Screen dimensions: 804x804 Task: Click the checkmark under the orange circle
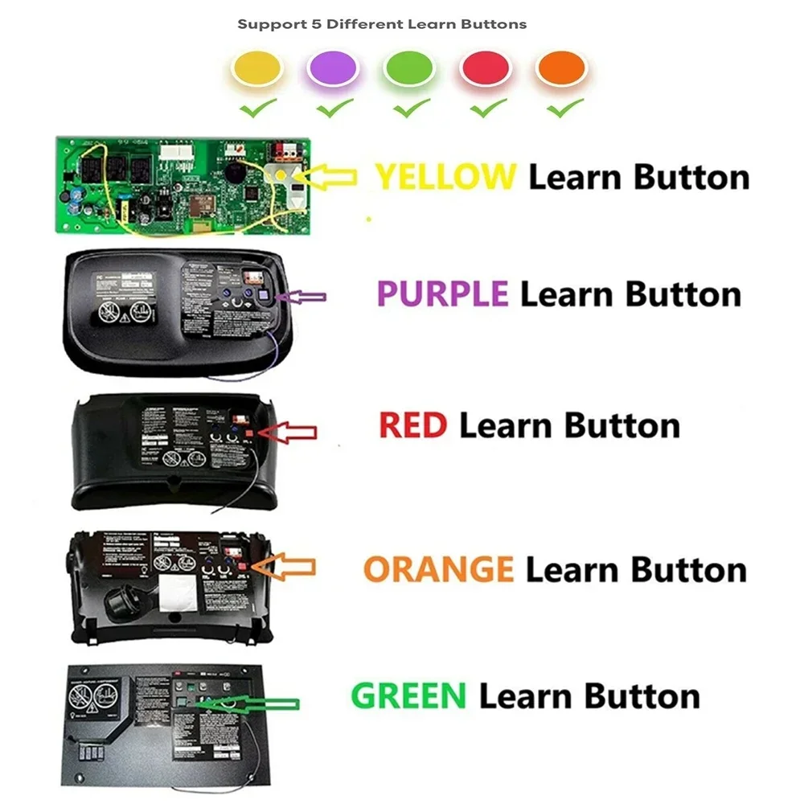pyautogui.click(x=564, y=106)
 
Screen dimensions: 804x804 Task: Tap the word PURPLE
pyautogui.click(x=442, y=293)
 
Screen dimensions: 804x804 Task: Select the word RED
pyautogui.click(x=412, y=425)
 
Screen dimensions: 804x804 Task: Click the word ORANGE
pyautogui.click(x=438, y=569)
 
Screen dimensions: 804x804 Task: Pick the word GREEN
pyautogui.click(x=408, y=695)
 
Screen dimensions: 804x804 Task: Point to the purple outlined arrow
pyautogui.click(x=303, y=297)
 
